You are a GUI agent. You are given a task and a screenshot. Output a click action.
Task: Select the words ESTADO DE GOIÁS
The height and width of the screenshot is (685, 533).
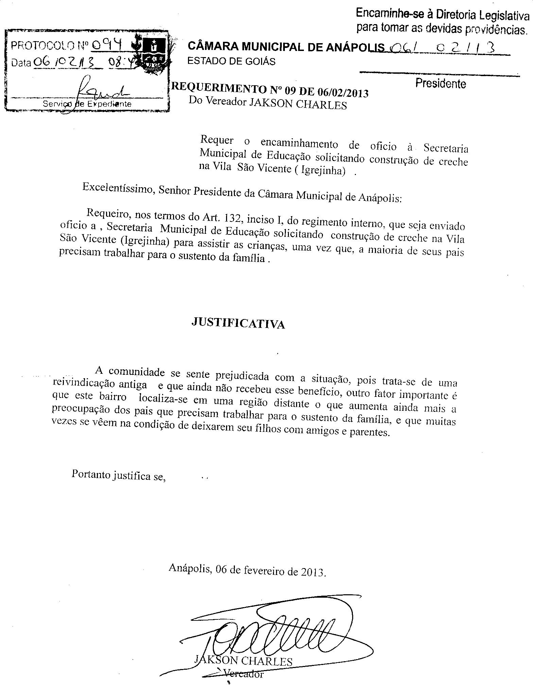231,62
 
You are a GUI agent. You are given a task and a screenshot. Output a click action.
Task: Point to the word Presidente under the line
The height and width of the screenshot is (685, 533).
440,84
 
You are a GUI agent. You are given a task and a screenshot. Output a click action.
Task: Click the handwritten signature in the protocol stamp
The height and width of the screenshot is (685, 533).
99,89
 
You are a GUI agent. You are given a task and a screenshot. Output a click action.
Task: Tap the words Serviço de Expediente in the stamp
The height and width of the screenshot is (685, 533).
87,104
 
